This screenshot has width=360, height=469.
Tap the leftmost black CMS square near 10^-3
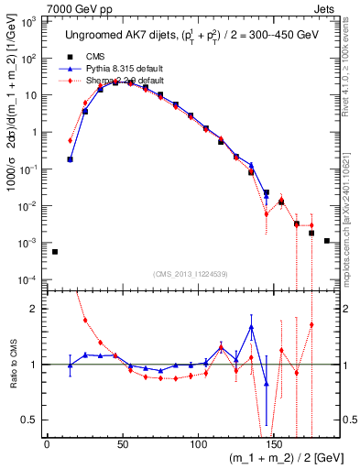54,252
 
